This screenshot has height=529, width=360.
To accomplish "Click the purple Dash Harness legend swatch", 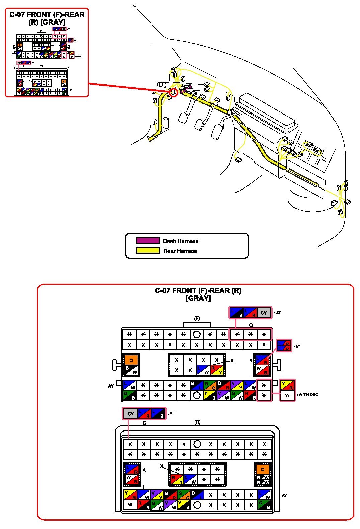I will click(x=148, y=241).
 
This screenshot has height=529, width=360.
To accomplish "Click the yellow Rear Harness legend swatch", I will click(x=148, y=250).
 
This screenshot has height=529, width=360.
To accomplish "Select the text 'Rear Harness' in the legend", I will click(x=180, y=251).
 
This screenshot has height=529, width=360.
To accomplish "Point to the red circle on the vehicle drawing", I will click(x=173, y=93).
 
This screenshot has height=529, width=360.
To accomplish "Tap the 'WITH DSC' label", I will click(x=308, y=395).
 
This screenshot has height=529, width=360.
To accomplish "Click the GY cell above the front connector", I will click(x=264, y=313).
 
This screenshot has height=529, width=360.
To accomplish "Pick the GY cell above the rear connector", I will click(x=131, y=414).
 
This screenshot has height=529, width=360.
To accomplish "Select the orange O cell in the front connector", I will click(x=131, y=361).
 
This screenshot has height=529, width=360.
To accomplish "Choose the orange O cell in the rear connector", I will click(x=263, y=469).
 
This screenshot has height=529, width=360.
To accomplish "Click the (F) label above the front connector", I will click(x=197, y=318).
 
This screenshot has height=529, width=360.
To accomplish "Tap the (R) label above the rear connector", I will click(x=197, y=422).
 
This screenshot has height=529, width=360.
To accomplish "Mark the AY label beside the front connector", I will click(x=111, y=386).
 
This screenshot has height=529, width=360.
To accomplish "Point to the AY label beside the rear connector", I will click(x=284, y=495).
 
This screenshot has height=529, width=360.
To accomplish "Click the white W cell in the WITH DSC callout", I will click(x=287, y=395).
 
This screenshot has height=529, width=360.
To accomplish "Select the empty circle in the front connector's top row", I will click(x=197, y=334).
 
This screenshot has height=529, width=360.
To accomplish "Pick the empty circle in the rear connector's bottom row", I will click(x=197, y=505).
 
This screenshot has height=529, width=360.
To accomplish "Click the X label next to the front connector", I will click(x=232, y=361).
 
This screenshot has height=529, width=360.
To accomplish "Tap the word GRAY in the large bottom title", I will click(x=198, y=298).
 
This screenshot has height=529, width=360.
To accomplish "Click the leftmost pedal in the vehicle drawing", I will click(x=184, y=117).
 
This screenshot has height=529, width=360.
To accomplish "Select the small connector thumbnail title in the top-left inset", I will click(x=47, y=18).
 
